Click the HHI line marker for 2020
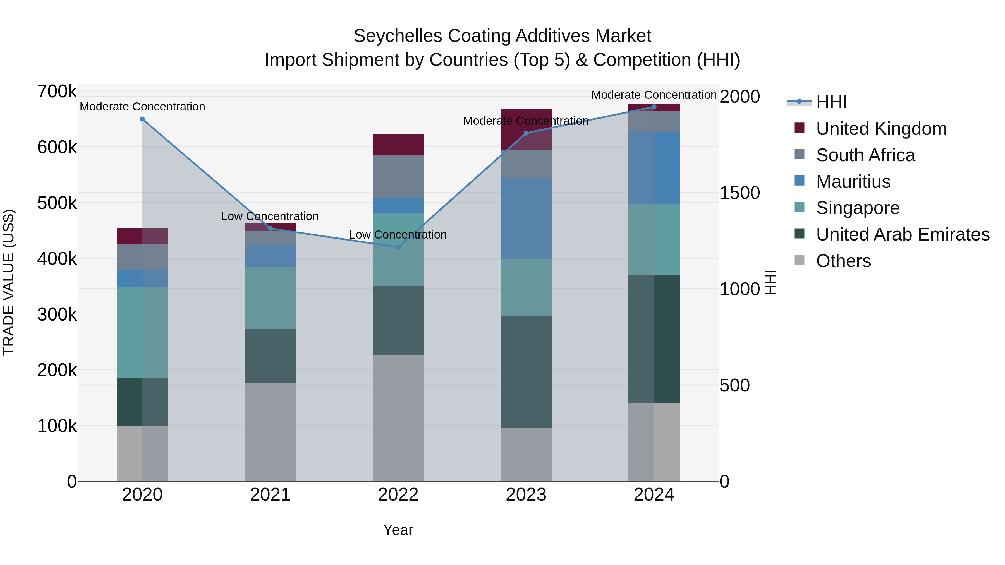(142, 119)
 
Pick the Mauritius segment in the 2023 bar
(526, 218)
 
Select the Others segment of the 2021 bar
(270, 432)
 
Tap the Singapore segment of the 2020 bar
(142, 332)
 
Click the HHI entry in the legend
(831, 102)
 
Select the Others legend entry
(843, 261)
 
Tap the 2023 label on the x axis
(526, 495)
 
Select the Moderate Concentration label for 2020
(142, 107)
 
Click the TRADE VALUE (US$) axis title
(9, 282)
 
